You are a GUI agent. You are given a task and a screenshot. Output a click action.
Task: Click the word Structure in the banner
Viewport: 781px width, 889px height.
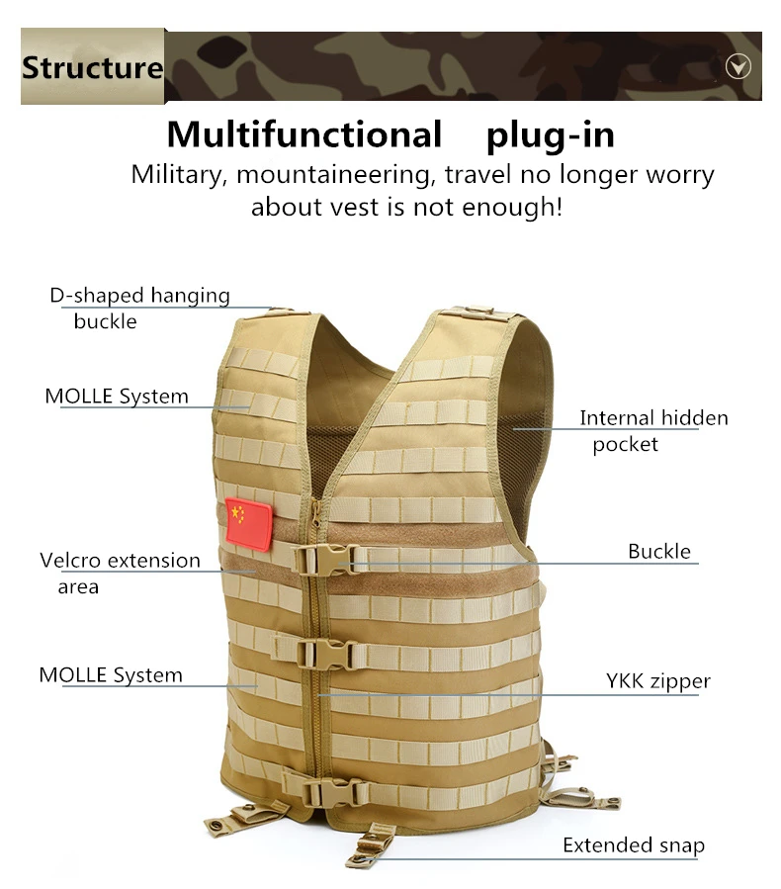point(92,67)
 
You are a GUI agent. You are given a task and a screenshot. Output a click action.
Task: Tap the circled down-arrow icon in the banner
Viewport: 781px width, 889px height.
point(738,67)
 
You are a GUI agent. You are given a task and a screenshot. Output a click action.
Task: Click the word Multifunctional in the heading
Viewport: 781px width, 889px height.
point(304,134)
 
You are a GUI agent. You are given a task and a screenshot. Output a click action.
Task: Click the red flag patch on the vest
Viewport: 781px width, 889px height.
point(248,524)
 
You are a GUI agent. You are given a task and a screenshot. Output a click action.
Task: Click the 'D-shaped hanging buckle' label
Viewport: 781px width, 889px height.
point(139,309)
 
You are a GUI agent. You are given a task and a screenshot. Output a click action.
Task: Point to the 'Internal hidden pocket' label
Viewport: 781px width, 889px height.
point(653,431)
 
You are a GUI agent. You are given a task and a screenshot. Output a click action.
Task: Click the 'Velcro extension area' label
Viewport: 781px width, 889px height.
point(121,574)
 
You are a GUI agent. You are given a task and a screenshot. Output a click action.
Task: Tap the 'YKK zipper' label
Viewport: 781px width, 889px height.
point(658,681)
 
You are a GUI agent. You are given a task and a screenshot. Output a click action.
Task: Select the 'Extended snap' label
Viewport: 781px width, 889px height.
point(634,845)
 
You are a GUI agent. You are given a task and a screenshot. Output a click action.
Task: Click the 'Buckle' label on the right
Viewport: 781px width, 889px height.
point(659,551)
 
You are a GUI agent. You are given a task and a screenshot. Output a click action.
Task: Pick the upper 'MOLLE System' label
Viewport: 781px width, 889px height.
point(117,397)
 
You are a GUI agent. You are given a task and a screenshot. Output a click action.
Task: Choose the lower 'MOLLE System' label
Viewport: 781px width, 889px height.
point(111,675)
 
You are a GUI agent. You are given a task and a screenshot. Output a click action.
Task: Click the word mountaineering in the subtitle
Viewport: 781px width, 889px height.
point(334,175)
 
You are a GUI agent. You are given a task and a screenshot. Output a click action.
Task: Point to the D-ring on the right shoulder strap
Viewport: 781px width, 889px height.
point(478,311)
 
